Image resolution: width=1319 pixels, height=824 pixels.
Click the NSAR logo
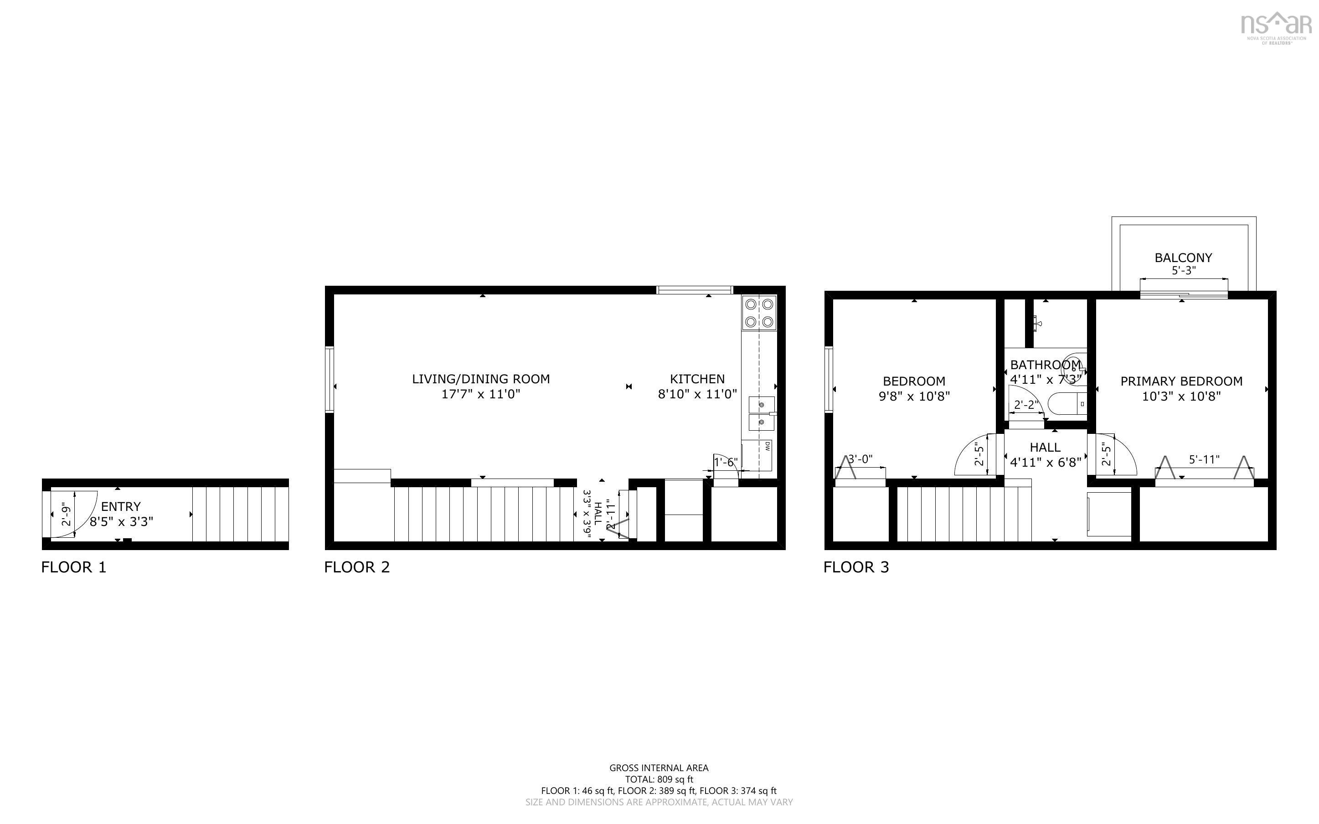click(x=1275, y=26)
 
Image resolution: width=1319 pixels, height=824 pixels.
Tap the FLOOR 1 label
click(x=73, y=567)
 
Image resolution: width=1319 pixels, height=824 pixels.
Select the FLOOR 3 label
click(x=856, y=567)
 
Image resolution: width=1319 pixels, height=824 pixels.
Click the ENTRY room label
click(x=120, y=506)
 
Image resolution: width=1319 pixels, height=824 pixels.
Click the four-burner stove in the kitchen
click(x=758, y=313)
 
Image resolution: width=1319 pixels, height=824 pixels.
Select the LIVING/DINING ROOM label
click(x=480, y=379)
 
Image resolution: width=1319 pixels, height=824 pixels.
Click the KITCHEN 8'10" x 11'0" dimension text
click(x=697, y=394)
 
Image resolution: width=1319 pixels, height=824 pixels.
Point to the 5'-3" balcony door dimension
click(x=1183, y=271)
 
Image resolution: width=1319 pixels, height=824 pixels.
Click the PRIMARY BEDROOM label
click(x=1181, y=381)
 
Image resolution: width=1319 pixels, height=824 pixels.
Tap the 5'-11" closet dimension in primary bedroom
click(x=1204, y=460)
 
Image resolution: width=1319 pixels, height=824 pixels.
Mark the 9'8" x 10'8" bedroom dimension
click(x=914, y=396)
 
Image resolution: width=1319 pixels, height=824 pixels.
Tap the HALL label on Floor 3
click(x=1045, y=448)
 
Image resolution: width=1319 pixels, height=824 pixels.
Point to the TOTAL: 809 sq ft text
click(x=659, y=779)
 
